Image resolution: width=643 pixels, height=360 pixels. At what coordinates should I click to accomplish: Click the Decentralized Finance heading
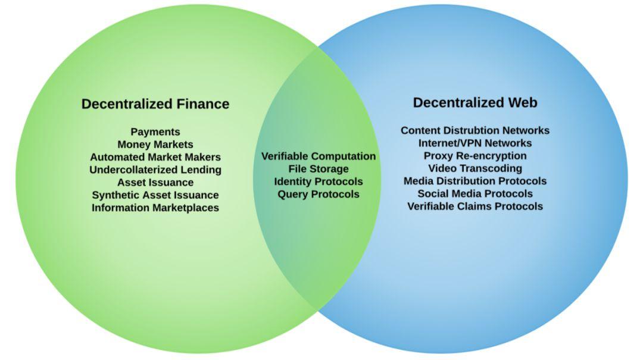pyautogui.click(x=155, y=104)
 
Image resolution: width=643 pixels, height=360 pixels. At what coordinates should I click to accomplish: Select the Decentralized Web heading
pyautogui.click(x=475, y=102)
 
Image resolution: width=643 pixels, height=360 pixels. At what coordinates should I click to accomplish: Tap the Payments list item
pyautogui.click(x=155, y=132)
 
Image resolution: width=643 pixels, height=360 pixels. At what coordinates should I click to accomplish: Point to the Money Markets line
pyautogui.click(x=155, y=145)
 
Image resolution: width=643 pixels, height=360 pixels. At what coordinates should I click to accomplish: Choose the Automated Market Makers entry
pyautogui.click(x=155, y=157)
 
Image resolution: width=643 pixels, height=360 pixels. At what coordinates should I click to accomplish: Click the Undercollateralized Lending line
pyautogui.click(x=155, y=170)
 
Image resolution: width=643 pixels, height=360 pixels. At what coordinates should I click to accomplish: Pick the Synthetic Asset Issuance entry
pyautogui.click(x=155, y=195)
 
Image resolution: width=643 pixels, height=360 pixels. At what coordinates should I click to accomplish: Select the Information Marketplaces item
pyautogui.click(x=155, y=208)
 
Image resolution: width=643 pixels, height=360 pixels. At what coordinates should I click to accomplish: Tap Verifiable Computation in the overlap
pyautogui.click(x=319, y=156)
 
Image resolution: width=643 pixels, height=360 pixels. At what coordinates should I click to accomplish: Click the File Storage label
pyautogui.click(x=319, y=169)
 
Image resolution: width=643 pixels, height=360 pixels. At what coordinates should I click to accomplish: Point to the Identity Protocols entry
pyautogui.click(x=319, y=181)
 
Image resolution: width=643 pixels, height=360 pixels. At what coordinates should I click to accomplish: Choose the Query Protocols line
pyautogui.click(x=319, y=195)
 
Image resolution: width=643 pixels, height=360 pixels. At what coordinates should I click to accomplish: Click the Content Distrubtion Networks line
pyautogui.click(x=475, y=130)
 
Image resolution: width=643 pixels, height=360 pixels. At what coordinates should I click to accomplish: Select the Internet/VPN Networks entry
pyautogui.click(x=475, y=143)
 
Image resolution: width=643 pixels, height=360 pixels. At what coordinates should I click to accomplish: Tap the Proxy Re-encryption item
pyautogui.click(x=475, y=156)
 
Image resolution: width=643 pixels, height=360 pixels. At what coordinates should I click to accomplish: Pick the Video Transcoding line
pyautogui.click(x=475, y=168)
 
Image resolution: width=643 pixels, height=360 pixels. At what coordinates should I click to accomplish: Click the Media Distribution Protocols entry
pyautogui.click(x=475, y=181)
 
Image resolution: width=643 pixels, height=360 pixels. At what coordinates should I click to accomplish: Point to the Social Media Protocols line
pyautogui.click(x=475, y=193)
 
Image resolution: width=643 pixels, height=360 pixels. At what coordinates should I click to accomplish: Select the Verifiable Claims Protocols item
pyautogui.click(x=475, y=206)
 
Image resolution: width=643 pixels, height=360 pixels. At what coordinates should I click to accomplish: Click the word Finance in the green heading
pyautogui.click(x=203, y=104)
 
